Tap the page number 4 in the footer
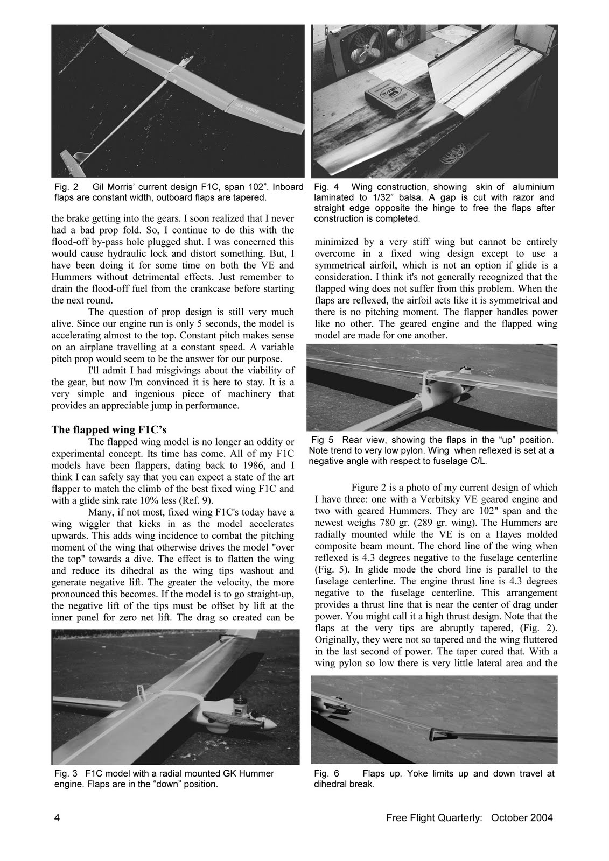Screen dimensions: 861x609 [57, 818]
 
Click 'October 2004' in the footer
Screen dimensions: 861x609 [522, 818]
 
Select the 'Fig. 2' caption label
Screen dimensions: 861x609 [66, 187]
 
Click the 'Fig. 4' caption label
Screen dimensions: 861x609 [326, 187]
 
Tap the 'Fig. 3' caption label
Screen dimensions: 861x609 [66, 773]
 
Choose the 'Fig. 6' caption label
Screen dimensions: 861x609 [326, 773]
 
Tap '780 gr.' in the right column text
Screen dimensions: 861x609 [408, 523]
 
